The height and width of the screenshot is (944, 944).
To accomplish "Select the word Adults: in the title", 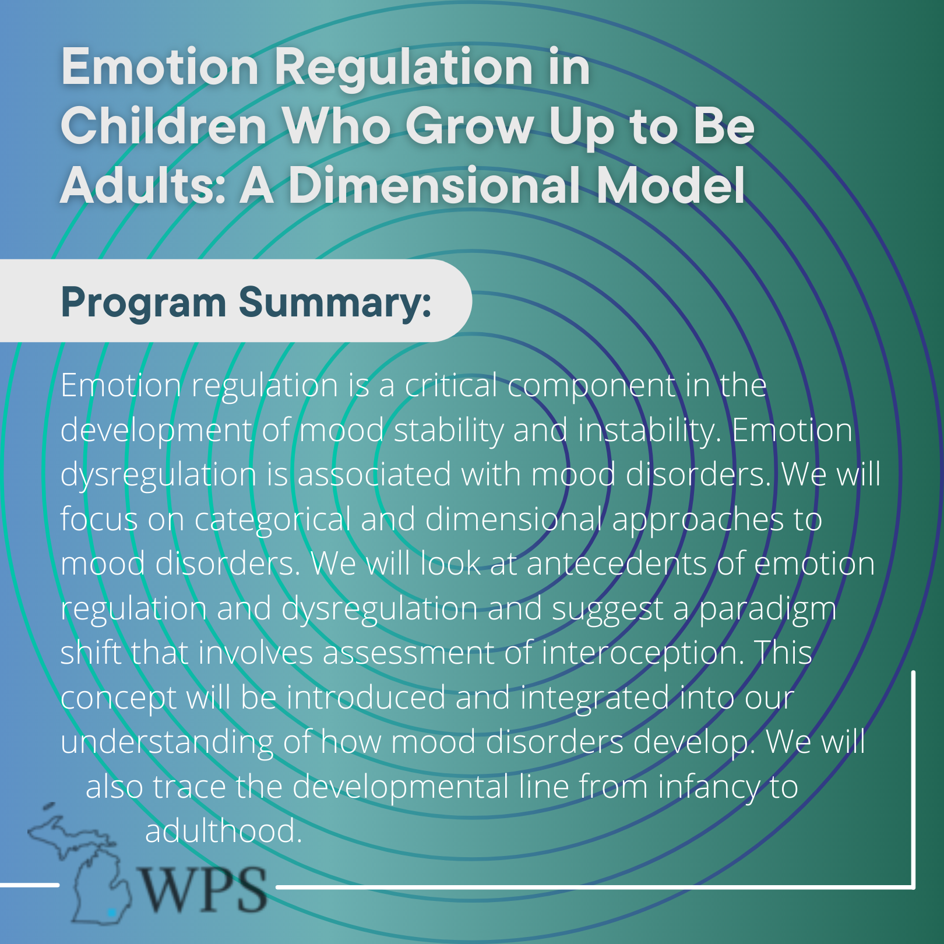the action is [x=143, y=185].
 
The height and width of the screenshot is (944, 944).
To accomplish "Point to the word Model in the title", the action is [x=670, y=185].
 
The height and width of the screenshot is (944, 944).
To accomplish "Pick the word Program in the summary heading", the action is [x=143, y=304].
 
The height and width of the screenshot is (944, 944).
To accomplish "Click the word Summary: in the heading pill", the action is [x=335, y=304].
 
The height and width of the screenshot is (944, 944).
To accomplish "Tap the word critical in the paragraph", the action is [x=451, y=385].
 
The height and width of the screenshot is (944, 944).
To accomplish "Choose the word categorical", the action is [x=273, y=520].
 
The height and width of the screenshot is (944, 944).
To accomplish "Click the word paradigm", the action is [x=767, y=610].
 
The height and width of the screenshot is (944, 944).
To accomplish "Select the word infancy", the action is [x=709, y=788].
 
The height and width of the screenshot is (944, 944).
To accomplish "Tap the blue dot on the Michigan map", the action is [x=112, y=911].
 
